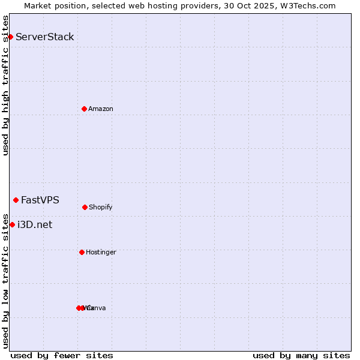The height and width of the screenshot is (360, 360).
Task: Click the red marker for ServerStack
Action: (x=10, y=37)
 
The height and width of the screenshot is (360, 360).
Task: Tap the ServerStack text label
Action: (x=45, y=37)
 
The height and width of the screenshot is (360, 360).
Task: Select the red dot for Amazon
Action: (x=84, y=109)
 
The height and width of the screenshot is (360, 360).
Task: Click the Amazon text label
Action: (x=101, y=109)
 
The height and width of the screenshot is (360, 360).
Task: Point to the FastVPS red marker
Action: (x=16, y=200)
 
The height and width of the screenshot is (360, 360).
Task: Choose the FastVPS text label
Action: (x=40, y=200)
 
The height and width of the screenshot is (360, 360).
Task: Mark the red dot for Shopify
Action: (x=85, y=207)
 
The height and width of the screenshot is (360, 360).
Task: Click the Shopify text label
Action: (x=101, y=207)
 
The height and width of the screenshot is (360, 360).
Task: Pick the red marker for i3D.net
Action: (x=12, y=224)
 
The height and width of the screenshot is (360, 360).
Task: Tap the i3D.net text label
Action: (x=35, y=225)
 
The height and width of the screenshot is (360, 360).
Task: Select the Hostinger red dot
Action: (x=82, y=252)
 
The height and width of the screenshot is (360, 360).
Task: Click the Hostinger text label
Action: (x=101, y=252)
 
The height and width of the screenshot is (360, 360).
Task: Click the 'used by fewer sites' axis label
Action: (x=62, y=355)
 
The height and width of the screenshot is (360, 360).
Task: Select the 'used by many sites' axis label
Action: (x=301, y=355)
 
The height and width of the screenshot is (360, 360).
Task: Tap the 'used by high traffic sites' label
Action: (x=5, y=85)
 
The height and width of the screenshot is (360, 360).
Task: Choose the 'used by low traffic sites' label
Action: (x=5, y=280)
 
